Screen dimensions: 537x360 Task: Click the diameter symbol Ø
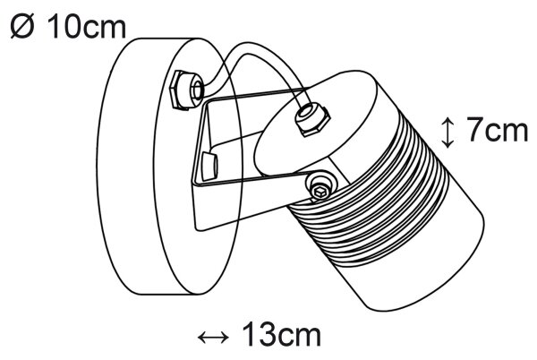pos(22,27)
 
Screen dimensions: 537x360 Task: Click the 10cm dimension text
pos(87,27)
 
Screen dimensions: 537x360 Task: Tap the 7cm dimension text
pos(498,129)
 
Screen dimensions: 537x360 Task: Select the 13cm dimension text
pos(282,335)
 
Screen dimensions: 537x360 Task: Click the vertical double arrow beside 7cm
pos(447,133)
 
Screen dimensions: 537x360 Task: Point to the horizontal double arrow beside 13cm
pos(213,338)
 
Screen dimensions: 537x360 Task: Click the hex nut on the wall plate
pos(187,90)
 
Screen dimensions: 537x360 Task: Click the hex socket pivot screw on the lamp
pos(320,187)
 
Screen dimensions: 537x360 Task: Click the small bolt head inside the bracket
pos(209,167)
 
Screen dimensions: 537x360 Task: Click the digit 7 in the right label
pos(474,129)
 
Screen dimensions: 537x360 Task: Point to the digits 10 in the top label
pos(65,27)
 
